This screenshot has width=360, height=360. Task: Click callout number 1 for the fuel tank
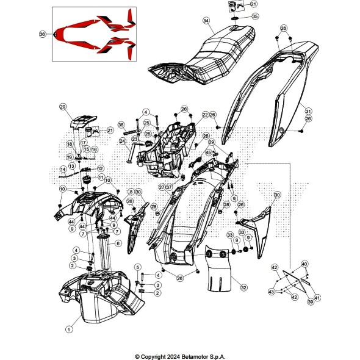click(x=68, y=329)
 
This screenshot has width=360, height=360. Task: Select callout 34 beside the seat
click(x=206, y=21)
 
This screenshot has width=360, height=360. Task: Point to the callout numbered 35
click(x=237, y=16)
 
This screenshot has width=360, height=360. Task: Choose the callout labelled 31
click(x=308, y=111)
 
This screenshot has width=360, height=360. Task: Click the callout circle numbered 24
click(x=123, y=141)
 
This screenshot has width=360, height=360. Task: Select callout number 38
click(x=121, y=124)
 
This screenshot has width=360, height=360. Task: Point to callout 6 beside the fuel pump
click(x=118, y=243)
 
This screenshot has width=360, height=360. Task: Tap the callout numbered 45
click(x=208, y=153)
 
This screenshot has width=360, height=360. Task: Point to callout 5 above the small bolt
click(x=138, y=266)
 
